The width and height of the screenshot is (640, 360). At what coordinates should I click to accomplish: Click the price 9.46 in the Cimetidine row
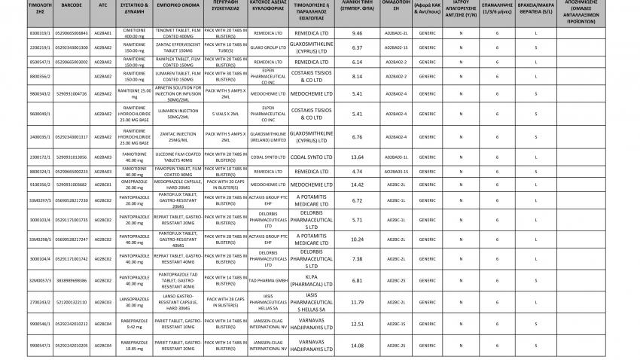click(x=357, y=34)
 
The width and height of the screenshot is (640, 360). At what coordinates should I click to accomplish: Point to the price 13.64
click(x=357, y=157)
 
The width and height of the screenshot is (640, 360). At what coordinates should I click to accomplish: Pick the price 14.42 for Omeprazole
click(x=357, y=185)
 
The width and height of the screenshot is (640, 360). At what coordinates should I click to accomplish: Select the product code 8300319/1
click(x=20, y=34)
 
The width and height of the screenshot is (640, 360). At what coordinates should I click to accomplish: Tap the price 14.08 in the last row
click(x=357, y=346)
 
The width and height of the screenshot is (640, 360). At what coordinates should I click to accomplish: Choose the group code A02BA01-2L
click(x=396, y=34)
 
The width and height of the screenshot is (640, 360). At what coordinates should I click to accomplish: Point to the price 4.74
click(x=357, y=171)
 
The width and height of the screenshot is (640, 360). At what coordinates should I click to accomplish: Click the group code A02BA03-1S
click(x=396, y=171)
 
